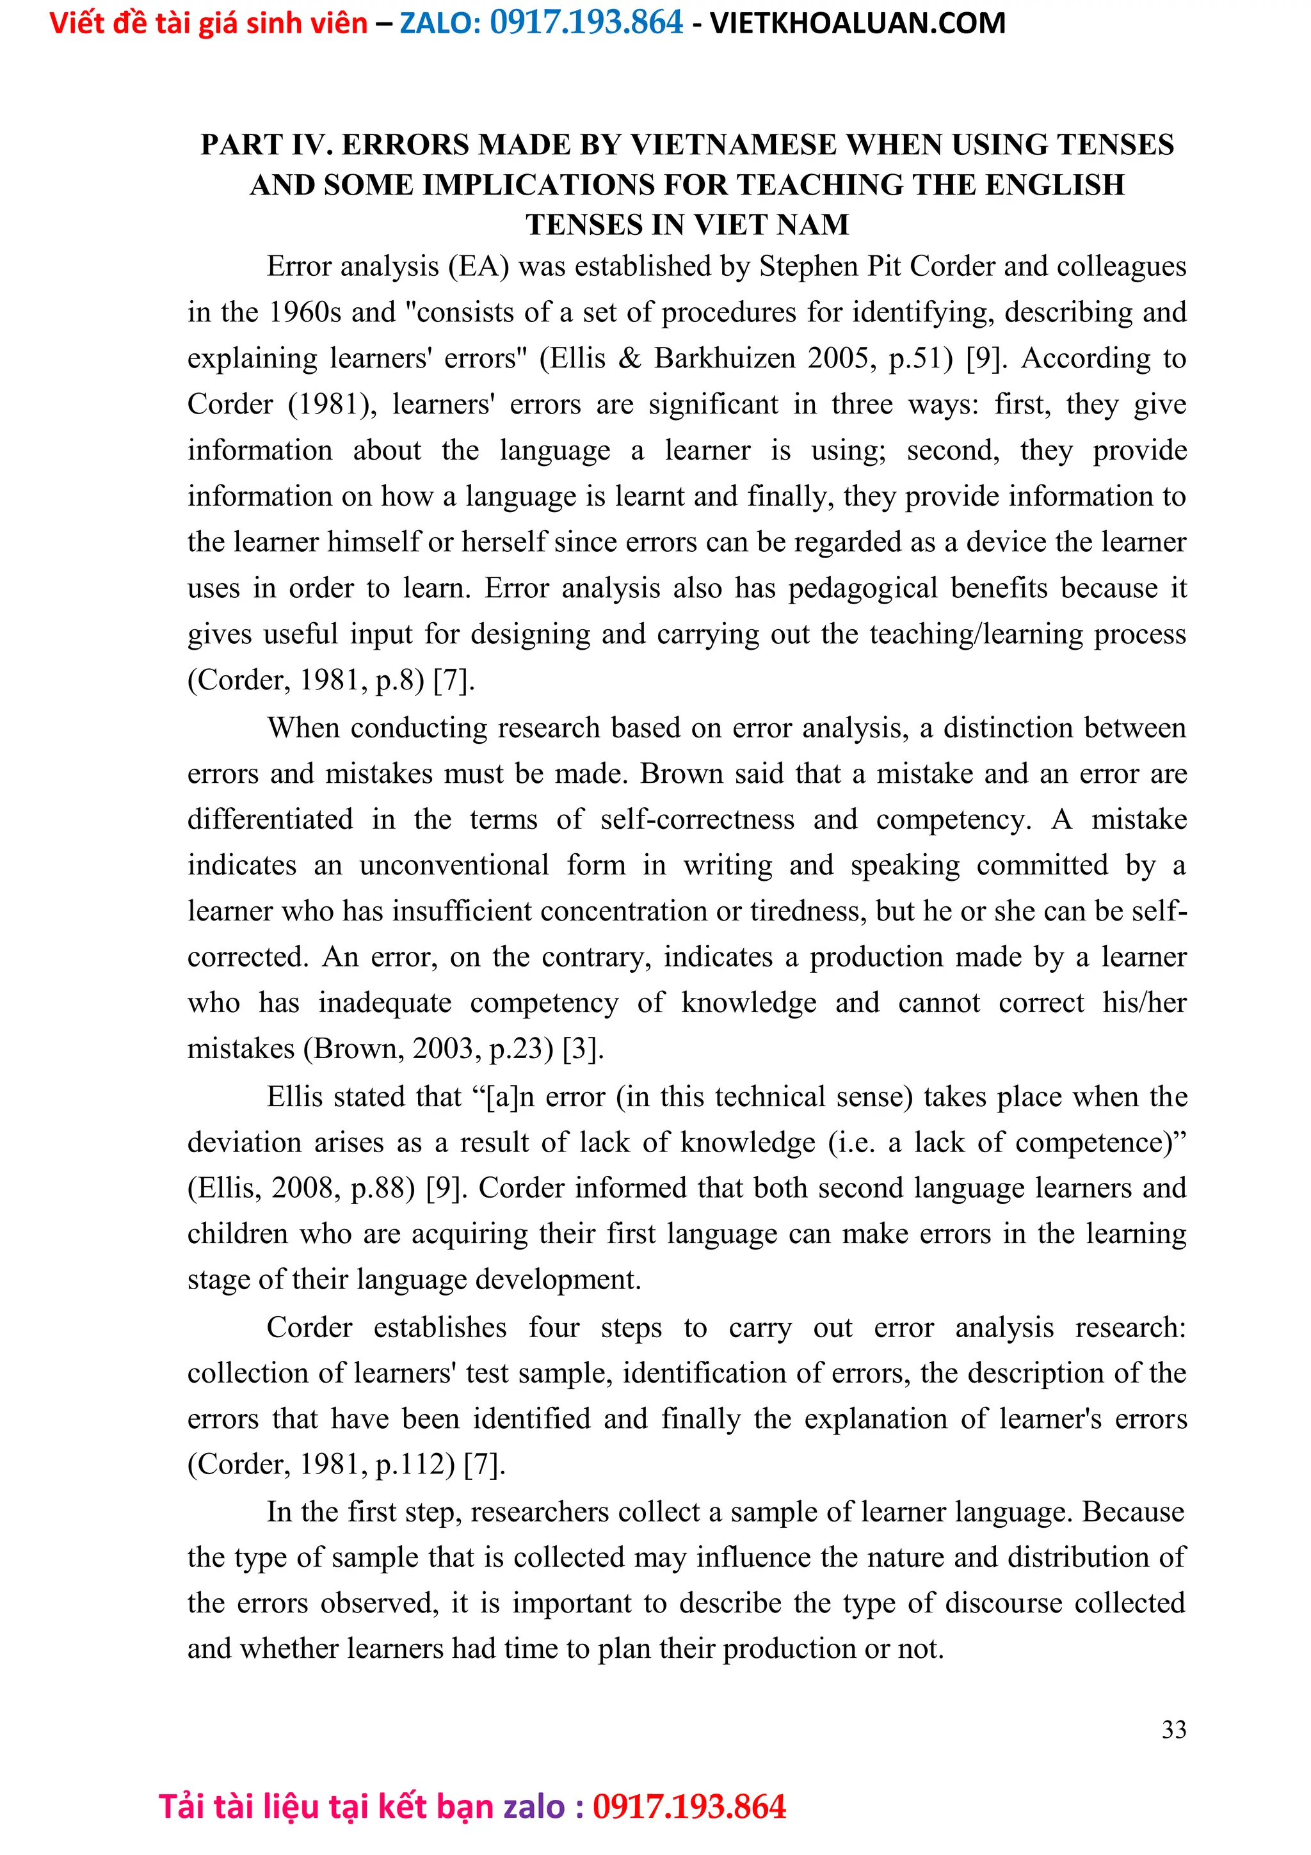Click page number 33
tap(1173, 1729)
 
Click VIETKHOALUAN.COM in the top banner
tap(857, 24)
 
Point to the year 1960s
tap(305, 312)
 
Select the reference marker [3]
tap(583, 1048)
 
